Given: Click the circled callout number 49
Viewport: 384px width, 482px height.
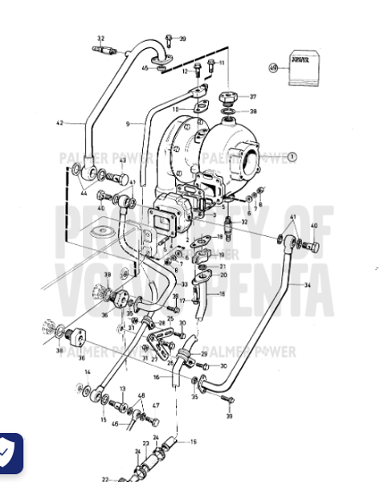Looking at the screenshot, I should pos(273,68).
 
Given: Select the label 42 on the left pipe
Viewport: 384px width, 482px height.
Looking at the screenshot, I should pos(59,123).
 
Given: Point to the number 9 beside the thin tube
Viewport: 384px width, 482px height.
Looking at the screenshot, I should pos(127,124).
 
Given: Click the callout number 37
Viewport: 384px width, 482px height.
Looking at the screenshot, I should pos(252,96).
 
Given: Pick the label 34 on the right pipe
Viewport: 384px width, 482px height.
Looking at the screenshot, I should pos(306,285).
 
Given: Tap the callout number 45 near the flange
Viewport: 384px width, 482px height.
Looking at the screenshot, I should pos(145,68).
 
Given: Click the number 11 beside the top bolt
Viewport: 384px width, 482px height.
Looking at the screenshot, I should pos(222,62).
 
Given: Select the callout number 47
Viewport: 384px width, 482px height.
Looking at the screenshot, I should pos(157,406).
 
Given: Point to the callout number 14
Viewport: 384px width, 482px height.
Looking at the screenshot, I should pos(88,372).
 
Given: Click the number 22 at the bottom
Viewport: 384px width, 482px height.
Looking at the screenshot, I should pos(105,479).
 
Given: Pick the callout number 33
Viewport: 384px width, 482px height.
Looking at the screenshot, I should pos(184,284).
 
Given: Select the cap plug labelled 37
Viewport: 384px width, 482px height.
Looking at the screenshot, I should pos(230,97).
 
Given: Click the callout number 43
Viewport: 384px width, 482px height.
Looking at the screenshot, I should pos(123,161).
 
